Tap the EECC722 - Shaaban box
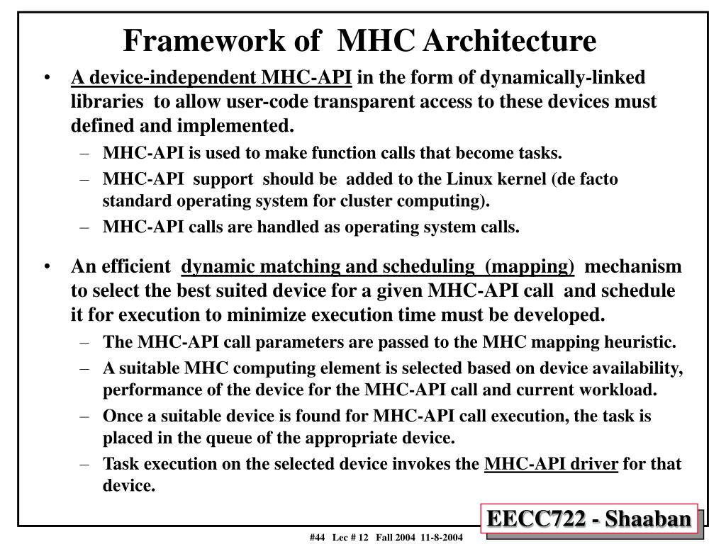point(588,520)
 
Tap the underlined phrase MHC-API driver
point(551,464)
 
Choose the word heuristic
point(644,342)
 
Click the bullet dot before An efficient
point(46,267)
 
